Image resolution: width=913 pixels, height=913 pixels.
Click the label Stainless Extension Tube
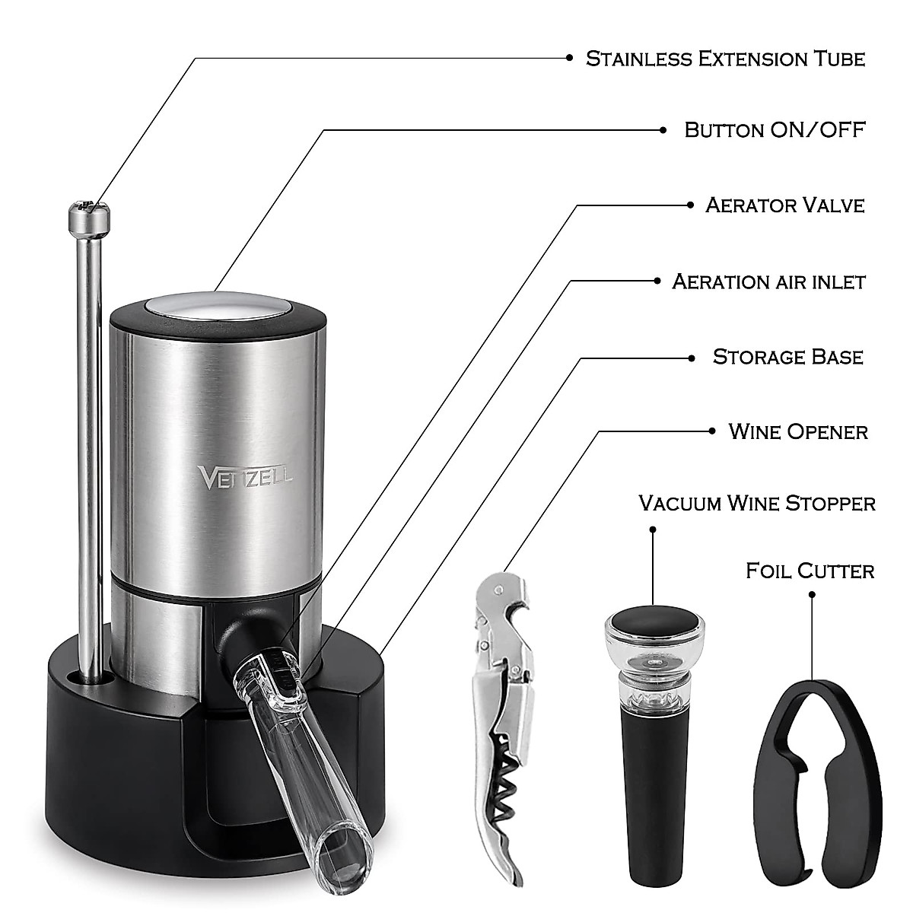(x=725, y=59)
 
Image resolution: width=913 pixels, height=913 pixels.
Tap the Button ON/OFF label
(x=775, y=129)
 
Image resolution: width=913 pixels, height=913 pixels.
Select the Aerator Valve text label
(x=784, y=205)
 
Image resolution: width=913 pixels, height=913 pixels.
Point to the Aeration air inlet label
(x=768, y=281)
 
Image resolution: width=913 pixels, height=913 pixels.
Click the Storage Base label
(x=787, y=356)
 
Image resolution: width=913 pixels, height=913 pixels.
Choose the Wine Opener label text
(x=797, y=431)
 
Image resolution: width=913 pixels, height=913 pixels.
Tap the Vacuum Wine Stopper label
(x=756, y=503)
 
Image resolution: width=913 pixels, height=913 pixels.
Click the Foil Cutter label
(x=810, y=570)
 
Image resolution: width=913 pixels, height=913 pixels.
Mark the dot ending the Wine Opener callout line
(x=711, y=431)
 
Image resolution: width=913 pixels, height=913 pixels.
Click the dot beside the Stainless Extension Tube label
(x=569, y=58)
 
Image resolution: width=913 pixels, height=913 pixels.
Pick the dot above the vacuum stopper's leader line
(x=653, y=526)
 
